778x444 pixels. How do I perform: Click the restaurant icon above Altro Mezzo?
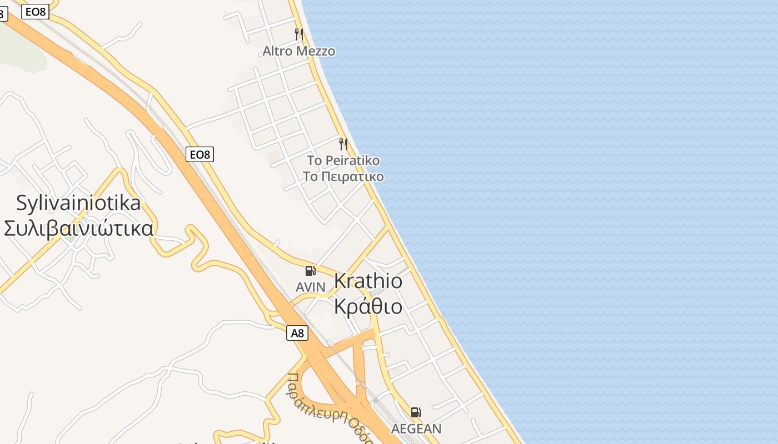[x=299, y=34]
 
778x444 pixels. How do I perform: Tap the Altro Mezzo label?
[x=299, y=51]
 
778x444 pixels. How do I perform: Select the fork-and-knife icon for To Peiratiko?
[x=343, y=144]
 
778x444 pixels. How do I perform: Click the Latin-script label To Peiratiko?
[x=343, y=160]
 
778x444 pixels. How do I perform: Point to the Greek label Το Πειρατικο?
[x=343, y=176]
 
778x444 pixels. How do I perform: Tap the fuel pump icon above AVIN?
[x=310, y=271]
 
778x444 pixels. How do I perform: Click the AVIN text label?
[x=311, y=287]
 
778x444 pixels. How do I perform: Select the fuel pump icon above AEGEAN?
[x=416, y=412]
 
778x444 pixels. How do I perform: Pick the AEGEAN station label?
[x=416, y=428]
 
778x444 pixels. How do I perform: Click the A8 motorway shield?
[x=298, y=333]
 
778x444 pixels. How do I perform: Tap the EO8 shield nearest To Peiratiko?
[x=200, y=154]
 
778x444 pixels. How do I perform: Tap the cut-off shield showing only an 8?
[x=3, y=14]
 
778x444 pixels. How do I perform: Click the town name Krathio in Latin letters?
[x=368, y=281]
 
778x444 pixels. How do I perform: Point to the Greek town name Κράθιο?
[x=368, y=306]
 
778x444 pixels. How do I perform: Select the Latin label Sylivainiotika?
[x=78, y=203]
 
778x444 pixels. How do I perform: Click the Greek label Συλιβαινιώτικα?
[x=78, y=228]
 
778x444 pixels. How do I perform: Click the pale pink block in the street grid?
[x=273, y=157]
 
